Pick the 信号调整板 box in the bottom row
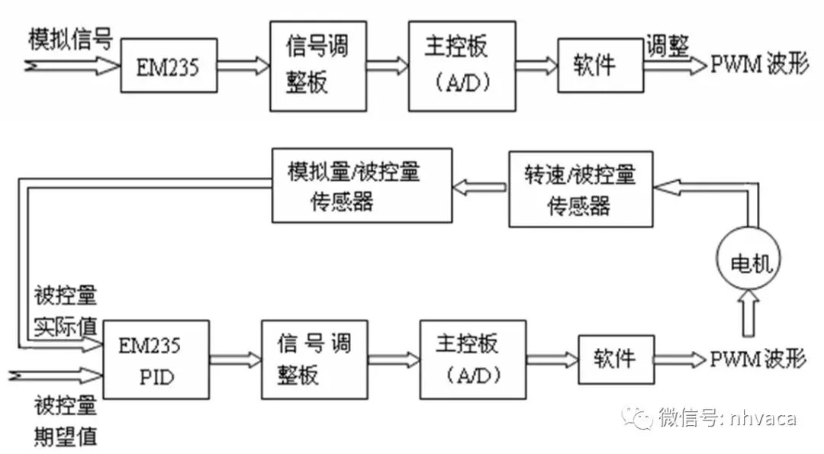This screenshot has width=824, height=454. pos(309,359)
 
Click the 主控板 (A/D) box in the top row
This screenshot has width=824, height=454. pos(455,66)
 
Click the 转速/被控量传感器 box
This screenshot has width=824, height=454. pos(581,188)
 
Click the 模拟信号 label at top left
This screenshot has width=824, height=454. pos(69,38)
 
